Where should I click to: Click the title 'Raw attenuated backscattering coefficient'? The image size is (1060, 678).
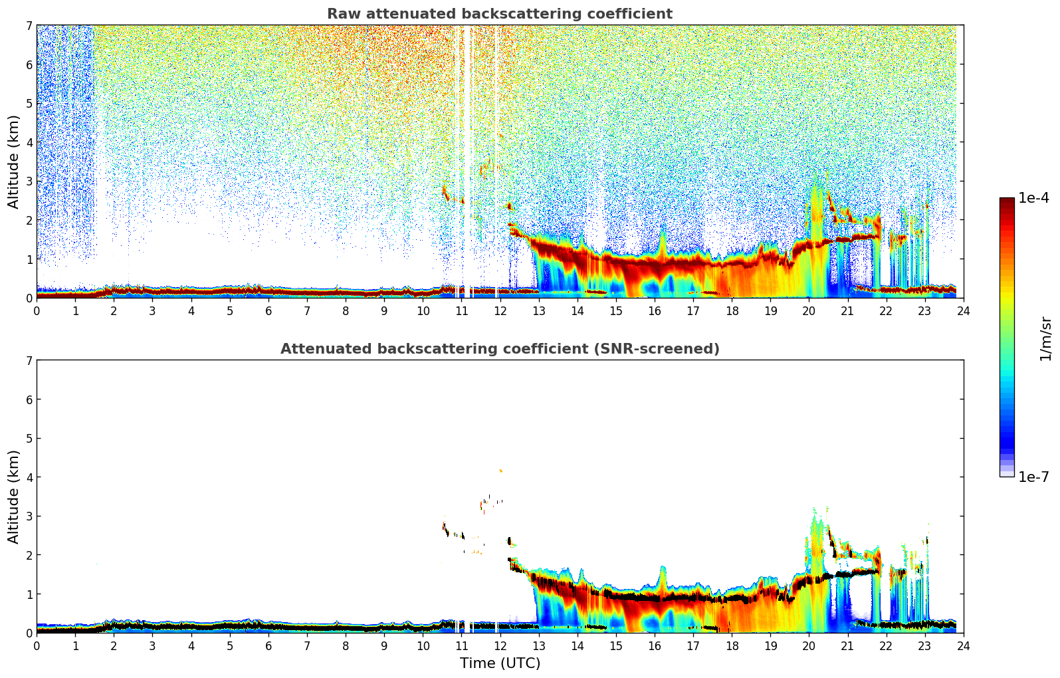499,14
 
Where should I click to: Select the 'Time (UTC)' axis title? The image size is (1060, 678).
500,663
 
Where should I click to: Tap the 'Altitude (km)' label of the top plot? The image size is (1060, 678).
14,162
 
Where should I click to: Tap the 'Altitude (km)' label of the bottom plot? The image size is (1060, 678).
14,497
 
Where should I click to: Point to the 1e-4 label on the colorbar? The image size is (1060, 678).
1033,198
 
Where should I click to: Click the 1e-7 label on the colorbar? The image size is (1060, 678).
1033,477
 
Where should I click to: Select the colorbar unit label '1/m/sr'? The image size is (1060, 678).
1045,338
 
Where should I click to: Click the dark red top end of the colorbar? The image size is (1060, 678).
1007,201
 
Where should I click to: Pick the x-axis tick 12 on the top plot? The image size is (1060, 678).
500,310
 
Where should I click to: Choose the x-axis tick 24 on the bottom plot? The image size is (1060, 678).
963,645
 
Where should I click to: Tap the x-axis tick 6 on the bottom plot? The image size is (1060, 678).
268,645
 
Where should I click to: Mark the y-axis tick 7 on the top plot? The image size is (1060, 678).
29,25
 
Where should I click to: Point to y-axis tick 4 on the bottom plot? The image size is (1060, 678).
29,477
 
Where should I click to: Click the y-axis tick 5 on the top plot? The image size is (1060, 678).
29,103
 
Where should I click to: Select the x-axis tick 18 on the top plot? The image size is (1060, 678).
732,310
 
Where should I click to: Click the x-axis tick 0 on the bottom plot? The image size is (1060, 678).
37,645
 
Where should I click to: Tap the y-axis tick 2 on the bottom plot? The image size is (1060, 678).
29,555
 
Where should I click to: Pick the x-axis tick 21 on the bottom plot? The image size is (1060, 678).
847,645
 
